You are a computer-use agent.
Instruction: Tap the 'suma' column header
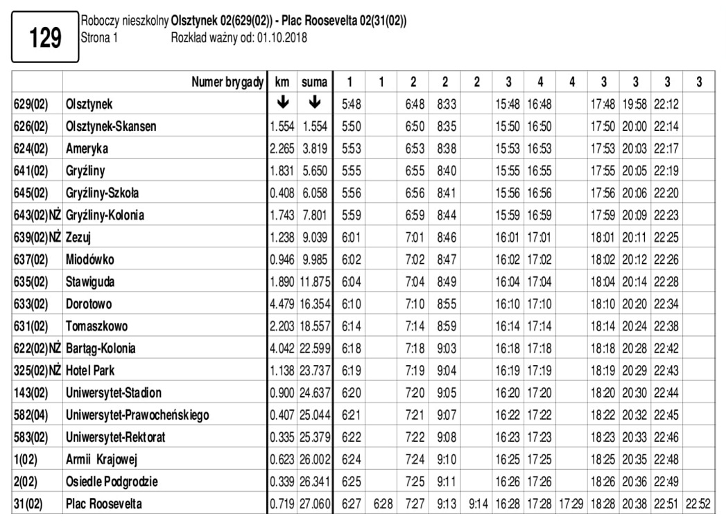[x=314, y=82]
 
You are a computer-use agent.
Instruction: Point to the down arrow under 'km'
[x=282, y=103]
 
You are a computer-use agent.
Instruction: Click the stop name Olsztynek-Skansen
[x=110, y=127]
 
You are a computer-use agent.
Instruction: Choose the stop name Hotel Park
[x=90, y=371]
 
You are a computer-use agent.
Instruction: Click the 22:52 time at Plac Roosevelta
[x=698, y=504]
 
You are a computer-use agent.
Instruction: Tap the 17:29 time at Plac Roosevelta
[x=571, y=504]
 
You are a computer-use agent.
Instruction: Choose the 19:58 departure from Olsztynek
[x=635, y=105]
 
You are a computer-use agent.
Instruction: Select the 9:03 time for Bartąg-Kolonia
[x=444, y=348]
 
